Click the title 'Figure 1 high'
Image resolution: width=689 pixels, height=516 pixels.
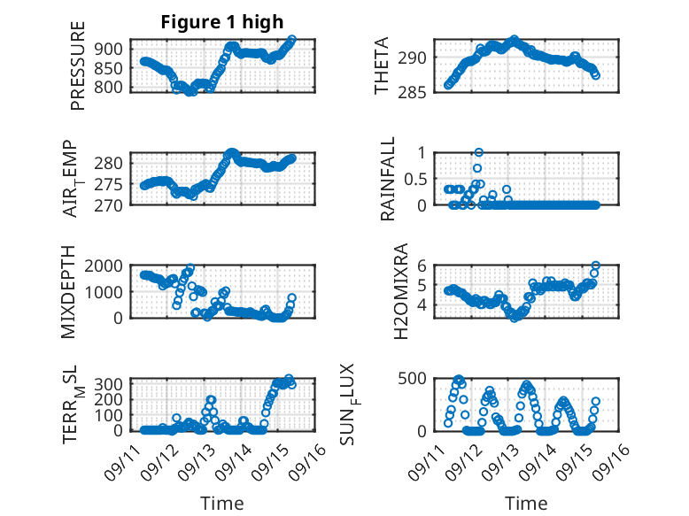coord(222,22)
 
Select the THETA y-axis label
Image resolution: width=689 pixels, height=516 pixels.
coord(382,65)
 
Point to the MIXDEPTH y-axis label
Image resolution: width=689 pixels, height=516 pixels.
coord(70,291)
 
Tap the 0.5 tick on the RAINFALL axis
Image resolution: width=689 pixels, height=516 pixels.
coord(415,179)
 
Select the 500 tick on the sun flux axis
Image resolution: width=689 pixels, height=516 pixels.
coord(414,379)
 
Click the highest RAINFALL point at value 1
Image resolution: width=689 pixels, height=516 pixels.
coord(478,153)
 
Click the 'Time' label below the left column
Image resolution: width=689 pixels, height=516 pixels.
coord(222,503)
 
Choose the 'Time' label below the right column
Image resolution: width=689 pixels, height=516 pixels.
coord(526,503)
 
